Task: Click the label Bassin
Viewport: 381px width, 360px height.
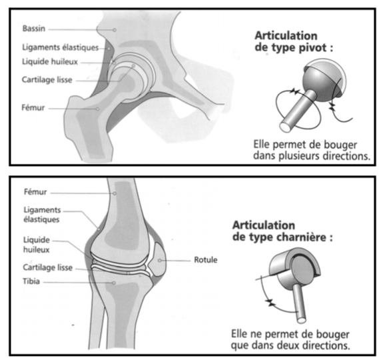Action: tap(34, 29)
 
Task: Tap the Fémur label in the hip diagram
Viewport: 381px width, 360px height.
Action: tap(33, 107)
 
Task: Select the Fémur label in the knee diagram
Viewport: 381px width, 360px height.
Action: tap(35, 192)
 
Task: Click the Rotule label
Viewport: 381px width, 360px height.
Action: tap(206, 260)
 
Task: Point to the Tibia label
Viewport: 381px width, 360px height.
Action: tap(31, 281)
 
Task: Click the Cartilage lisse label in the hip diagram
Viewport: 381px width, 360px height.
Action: tap(47, 79)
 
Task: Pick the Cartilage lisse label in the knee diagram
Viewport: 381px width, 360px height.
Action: tap(48, 267)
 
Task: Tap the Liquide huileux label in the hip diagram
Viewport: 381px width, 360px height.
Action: tap(50, 61)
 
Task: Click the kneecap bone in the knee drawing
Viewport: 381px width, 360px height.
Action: tap(158, 259)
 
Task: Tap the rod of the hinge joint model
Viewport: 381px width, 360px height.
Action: tap(299, 303)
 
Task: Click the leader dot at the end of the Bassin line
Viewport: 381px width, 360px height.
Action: tap(115, 30)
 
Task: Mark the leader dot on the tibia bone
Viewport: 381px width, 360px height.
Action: tap(114, 283)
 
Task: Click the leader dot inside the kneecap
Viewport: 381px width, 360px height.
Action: tap(160, 261)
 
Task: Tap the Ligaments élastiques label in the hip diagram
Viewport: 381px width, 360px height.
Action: tap(60, 47)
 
